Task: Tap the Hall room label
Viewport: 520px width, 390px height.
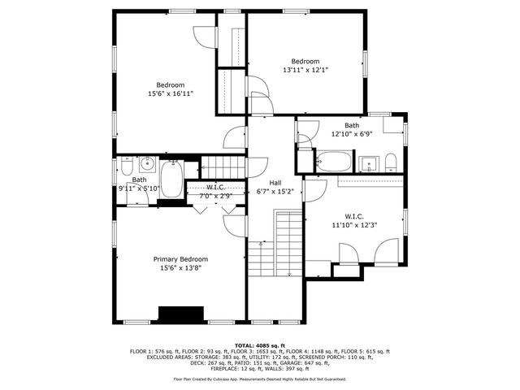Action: (263, 183)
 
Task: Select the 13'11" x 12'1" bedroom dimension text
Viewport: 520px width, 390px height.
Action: (305, 71)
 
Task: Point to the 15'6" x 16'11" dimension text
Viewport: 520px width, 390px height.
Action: (171, 94)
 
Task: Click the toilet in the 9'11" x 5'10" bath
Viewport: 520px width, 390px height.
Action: (126, 167)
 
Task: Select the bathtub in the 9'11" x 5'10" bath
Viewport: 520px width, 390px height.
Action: (171, 177)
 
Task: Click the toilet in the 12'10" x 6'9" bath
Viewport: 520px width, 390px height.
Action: (391, 160)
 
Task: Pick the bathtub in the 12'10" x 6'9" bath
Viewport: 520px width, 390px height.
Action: (332, 160)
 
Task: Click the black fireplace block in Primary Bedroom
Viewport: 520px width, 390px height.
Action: (180, 314)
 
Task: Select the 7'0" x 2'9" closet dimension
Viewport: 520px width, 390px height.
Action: (215, 196)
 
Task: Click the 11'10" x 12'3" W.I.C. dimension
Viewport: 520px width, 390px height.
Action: (354, 226)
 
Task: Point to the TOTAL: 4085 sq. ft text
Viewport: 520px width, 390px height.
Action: (260, 344)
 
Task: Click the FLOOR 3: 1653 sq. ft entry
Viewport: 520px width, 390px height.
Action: (248, 350)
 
